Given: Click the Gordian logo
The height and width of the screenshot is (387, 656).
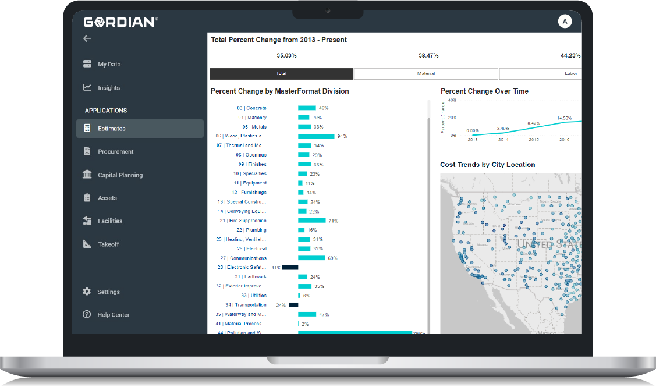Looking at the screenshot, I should pos(120,22).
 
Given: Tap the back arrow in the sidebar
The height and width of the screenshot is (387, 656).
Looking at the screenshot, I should pos(87,38).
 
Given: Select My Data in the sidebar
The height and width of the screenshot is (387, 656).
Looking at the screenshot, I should pos(109,65).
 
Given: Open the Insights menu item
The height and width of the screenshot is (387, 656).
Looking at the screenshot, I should pos(108,88).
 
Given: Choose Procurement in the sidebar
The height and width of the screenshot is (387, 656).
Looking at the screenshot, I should pos(115,151).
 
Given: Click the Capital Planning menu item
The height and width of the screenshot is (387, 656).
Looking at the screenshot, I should pos(120,175).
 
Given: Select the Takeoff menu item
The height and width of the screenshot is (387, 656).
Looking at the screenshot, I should pos(108,244).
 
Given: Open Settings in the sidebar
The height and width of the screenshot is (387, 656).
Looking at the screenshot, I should pos(108,292).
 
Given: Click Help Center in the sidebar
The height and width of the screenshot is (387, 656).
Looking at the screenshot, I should pos(114,315).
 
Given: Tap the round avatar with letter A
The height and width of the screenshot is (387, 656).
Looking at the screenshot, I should pos(564,22).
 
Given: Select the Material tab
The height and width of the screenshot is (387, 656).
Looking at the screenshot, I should pos(426,74).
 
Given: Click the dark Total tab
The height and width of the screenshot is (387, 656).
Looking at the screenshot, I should pos(281,74).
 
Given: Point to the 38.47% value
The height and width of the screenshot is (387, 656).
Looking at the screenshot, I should pos(428,55).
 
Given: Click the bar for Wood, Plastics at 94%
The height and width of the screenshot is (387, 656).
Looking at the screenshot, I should pos(316,136).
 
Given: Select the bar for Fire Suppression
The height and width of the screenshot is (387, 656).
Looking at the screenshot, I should pos(312,221).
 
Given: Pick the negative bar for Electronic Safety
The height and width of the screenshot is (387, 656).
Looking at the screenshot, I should pos(290,267).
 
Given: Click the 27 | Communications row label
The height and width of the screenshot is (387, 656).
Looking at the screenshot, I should pos(243,258).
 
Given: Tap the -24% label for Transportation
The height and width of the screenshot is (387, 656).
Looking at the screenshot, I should pos(280,305).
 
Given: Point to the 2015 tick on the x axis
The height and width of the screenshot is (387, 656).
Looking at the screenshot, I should pos(534,140).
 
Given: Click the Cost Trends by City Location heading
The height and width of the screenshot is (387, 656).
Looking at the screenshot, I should pos(487,165).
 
